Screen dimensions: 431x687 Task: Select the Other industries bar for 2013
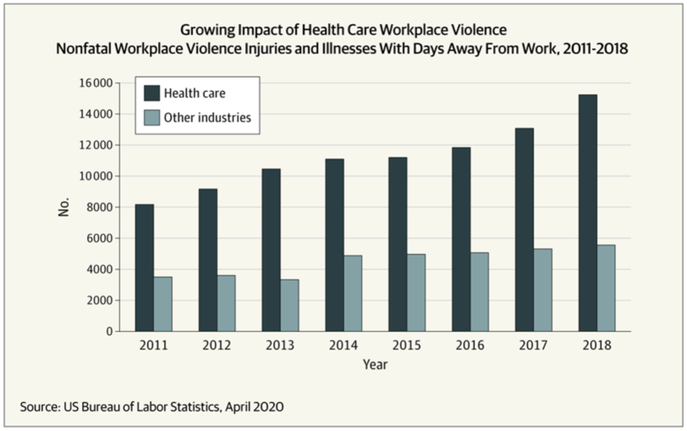290,305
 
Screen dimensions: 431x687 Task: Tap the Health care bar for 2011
144,268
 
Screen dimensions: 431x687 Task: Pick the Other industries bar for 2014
353,293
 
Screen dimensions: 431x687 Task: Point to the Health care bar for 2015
398,244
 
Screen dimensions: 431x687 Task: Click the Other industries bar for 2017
543,290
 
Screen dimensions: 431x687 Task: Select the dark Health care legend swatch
152,93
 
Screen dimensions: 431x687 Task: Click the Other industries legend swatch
152,118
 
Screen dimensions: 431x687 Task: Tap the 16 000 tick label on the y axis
96,83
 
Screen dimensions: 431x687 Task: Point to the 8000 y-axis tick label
99,207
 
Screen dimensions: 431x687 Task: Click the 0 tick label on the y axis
109,332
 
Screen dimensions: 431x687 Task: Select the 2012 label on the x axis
217,346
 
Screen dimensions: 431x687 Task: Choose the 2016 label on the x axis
470,346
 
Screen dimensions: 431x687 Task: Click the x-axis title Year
375,365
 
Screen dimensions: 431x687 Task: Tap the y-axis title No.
64,207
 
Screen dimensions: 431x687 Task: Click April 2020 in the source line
254,407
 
